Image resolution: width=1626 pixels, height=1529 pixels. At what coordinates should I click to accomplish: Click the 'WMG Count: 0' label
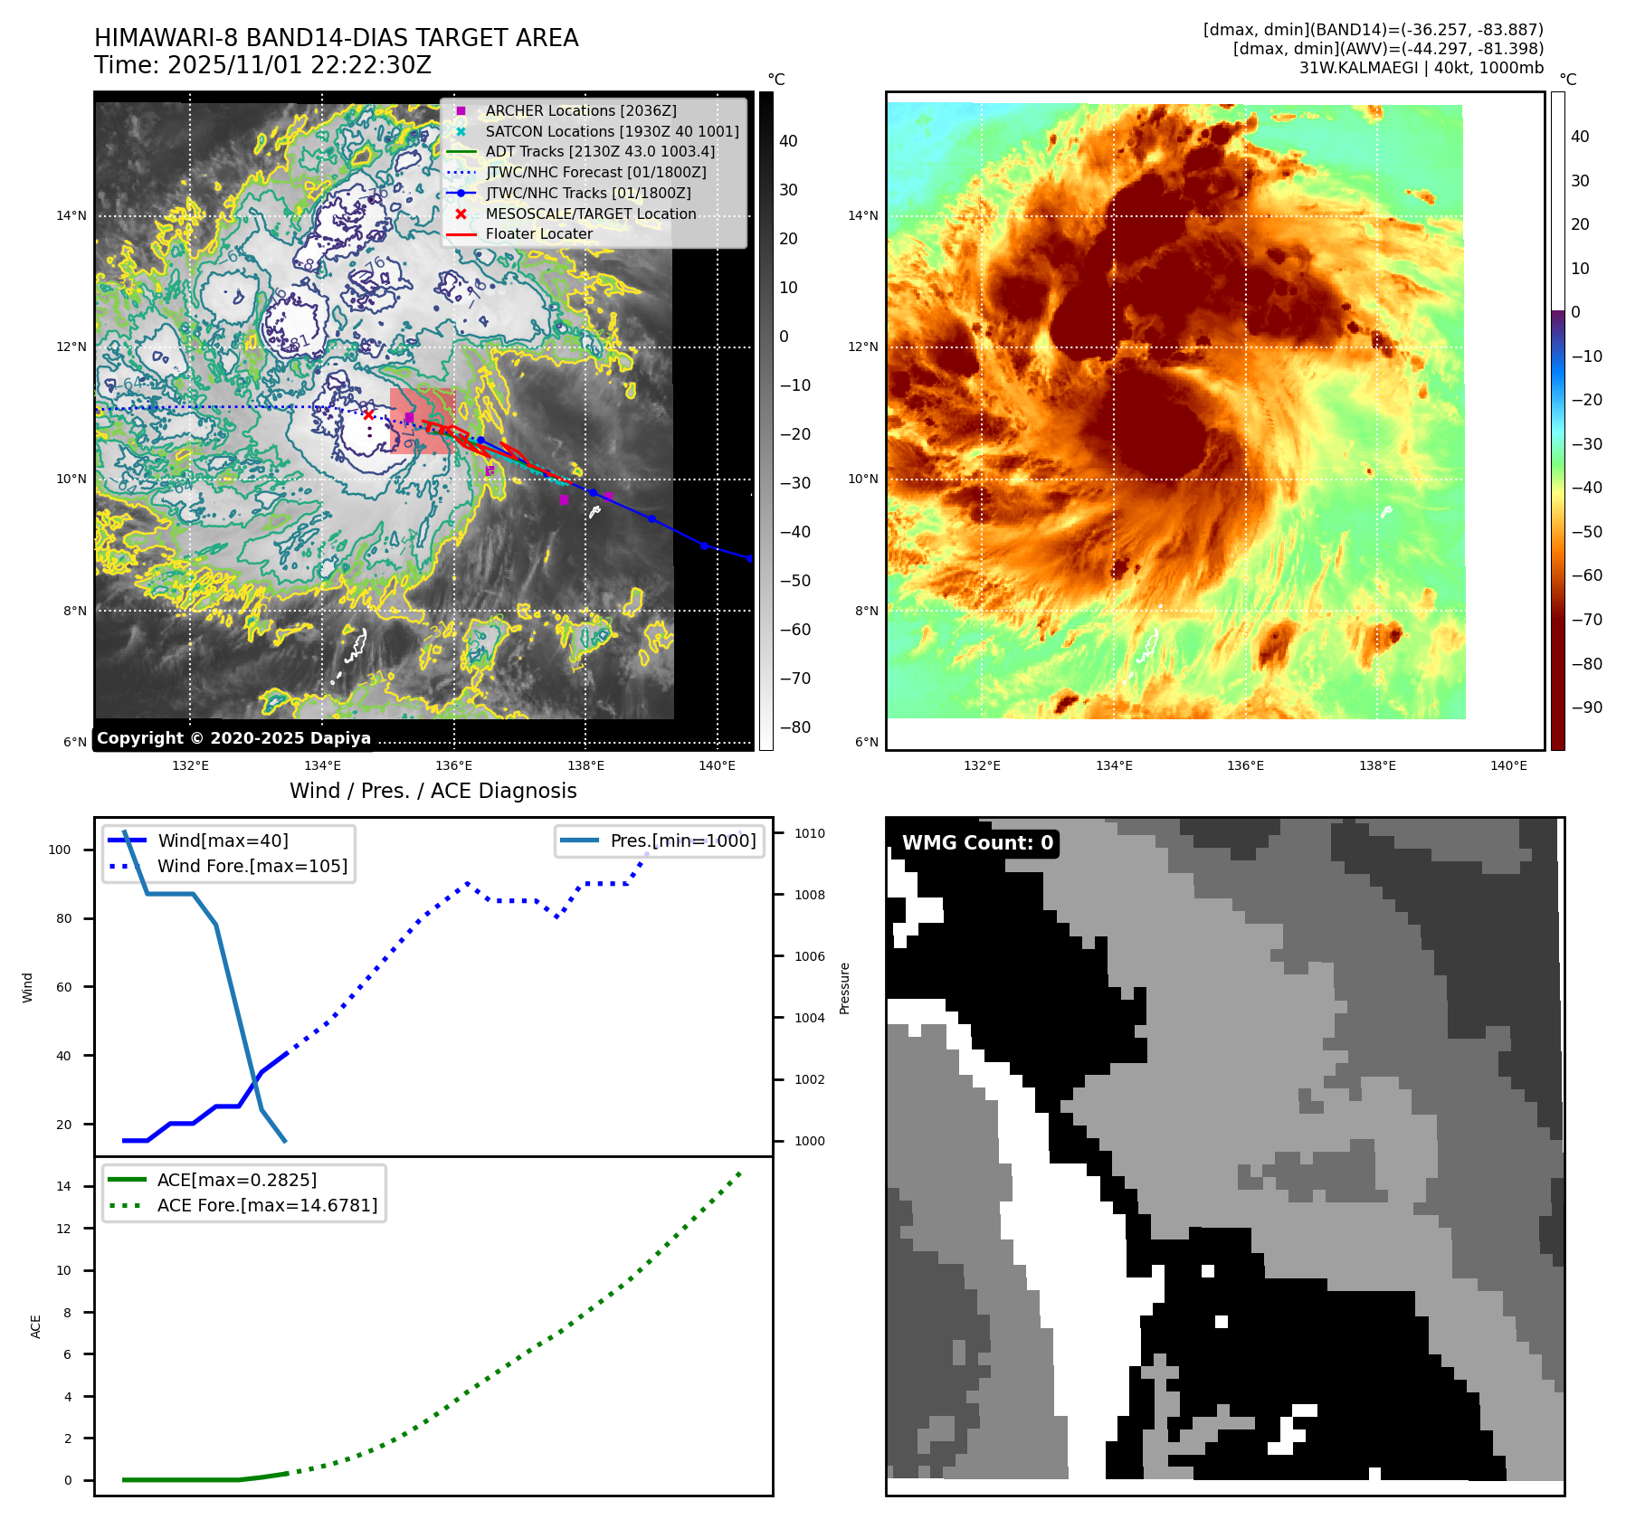977,842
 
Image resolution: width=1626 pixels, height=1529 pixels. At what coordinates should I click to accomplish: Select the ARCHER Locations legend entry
580,110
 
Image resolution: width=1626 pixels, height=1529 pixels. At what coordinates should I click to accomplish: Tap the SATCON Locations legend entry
612,131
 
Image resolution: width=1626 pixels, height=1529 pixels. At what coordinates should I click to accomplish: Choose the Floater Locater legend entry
538,233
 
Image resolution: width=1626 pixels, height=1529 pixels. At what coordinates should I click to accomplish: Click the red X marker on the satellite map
368,414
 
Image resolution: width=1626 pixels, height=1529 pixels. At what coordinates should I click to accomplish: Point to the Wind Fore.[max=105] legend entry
252,866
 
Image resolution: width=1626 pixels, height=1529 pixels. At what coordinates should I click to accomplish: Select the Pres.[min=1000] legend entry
682,840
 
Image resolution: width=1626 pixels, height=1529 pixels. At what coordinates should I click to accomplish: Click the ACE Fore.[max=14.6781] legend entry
267,1205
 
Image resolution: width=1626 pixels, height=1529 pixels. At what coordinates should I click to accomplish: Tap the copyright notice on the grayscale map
233,737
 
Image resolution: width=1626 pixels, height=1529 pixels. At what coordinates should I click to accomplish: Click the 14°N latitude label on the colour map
862,215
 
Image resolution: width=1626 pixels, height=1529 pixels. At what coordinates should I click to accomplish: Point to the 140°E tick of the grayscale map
717,765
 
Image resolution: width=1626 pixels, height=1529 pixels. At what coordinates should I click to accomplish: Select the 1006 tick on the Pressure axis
810,956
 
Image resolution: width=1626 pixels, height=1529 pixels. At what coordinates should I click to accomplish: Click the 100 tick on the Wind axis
60,850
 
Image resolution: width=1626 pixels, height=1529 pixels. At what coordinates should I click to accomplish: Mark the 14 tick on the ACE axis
63,1186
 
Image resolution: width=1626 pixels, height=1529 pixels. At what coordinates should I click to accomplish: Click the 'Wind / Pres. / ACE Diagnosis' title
433,791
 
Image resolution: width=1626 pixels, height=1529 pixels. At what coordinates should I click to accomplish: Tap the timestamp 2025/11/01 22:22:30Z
300,65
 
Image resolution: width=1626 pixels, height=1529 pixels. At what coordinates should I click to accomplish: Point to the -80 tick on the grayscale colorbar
795,727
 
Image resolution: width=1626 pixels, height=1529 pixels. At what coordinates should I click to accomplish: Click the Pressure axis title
844,988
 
